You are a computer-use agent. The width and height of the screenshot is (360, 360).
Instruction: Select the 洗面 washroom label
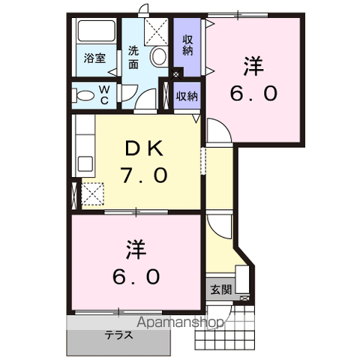pos(133,58)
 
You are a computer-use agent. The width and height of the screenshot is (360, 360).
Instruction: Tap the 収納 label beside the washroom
pos(187,45)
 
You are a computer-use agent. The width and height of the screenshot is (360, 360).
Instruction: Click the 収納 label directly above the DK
pos(187,95)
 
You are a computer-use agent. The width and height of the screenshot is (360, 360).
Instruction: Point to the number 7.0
pos(143,176)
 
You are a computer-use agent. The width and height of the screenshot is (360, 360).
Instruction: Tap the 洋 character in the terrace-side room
pos(136,248)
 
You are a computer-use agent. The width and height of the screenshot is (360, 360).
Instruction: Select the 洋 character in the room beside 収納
pos(253,66)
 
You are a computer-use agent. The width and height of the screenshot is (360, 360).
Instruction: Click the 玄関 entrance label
pos(220,289)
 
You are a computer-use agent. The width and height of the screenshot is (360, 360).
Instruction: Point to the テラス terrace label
pos(119,334)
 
